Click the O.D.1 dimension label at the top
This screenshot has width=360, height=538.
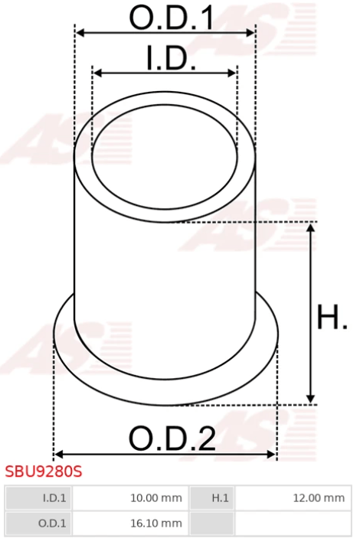(x=172, y=17)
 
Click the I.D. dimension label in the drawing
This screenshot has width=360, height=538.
(x=171, y=58)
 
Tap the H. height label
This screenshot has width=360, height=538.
(x=332, y=317)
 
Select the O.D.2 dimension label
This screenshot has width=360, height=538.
(x=172, y=439)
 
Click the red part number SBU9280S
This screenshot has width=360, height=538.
(x=44, y=471)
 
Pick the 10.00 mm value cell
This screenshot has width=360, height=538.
(x=130, y=498)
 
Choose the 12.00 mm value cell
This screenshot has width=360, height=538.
(x=293, y=498)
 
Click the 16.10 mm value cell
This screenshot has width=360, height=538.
(x=130, y=523)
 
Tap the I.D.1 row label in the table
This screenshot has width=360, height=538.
(x=38, y=498)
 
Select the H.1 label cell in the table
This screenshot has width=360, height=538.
(x=212, y=498)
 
